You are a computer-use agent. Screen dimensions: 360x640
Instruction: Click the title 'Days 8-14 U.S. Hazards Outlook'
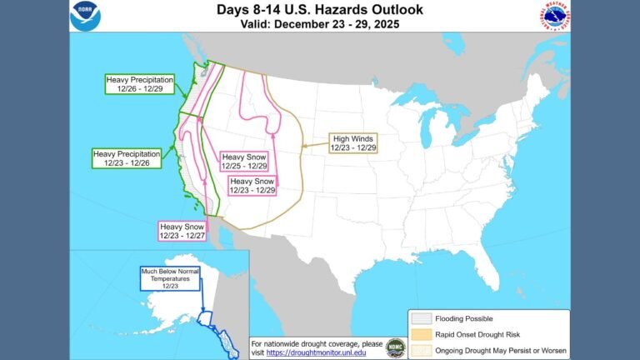tap(320, 10)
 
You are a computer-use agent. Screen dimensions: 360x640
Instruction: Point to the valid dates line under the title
tap(320, 24)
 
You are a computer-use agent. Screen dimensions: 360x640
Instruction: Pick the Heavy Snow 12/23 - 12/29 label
tap(252, 185)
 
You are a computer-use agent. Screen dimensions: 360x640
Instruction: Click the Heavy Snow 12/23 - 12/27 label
tap(183, 230)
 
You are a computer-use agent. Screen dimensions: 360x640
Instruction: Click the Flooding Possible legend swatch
tap(420, 318)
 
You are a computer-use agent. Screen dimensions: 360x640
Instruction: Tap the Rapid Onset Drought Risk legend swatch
tap(420, 334)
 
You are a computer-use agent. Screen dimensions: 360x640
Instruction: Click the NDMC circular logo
tap(397, 347)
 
